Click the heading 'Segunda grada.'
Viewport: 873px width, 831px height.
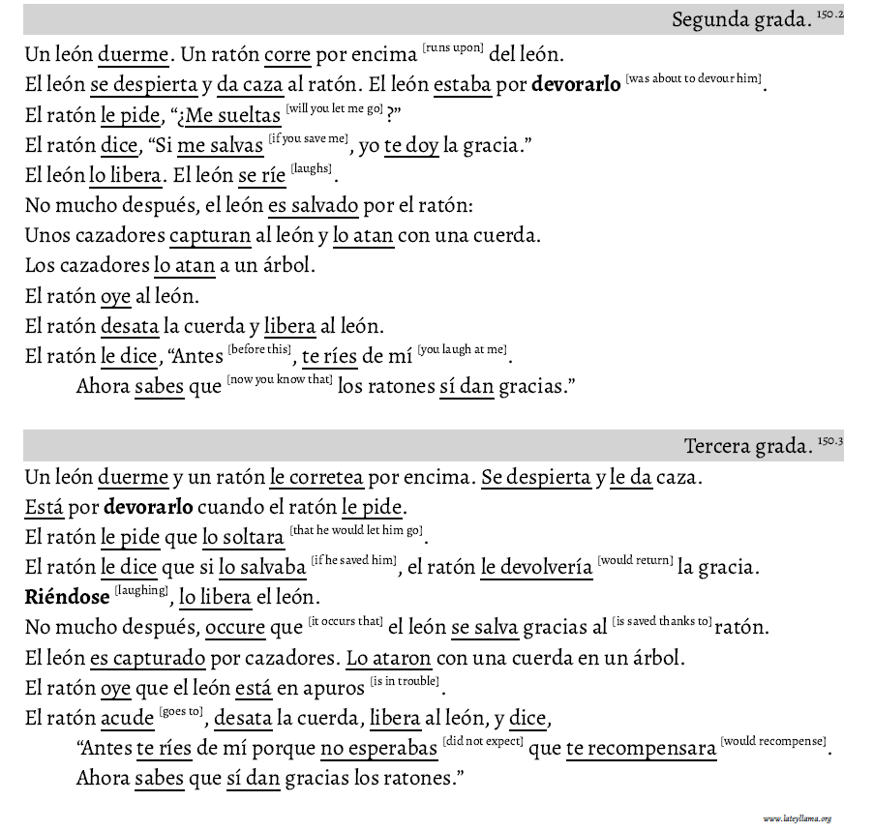(740, 20)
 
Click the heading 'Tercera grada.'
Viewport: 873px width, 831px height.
(747, 446)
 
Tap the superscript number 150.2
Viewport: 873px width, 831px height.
(830, 15)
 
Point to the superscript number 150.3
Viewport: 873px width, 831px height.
(830, 441)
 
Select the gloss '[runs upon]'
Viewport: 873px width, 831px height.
(453, 46)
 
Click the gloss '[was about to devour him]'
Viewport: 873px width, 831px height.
(693, 77)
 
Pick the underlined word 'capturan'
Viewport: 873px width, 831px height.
(210, 236)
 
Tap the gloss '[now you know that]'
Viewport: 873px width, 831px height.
(280, 379)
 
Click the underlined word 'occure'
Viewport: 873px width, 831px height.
(235, 628)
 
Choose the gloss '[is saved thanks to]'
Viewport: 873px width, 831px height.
(662, 621)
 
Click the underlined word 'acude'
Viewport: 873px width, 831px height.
(128, 719)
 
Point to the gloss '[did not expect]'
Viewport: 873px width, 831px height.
(483, 742)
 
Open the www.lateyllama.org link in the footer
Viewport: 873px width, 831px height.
(797, 818)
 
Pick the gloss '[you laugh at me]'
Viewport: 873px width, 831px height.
(463, 349)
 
